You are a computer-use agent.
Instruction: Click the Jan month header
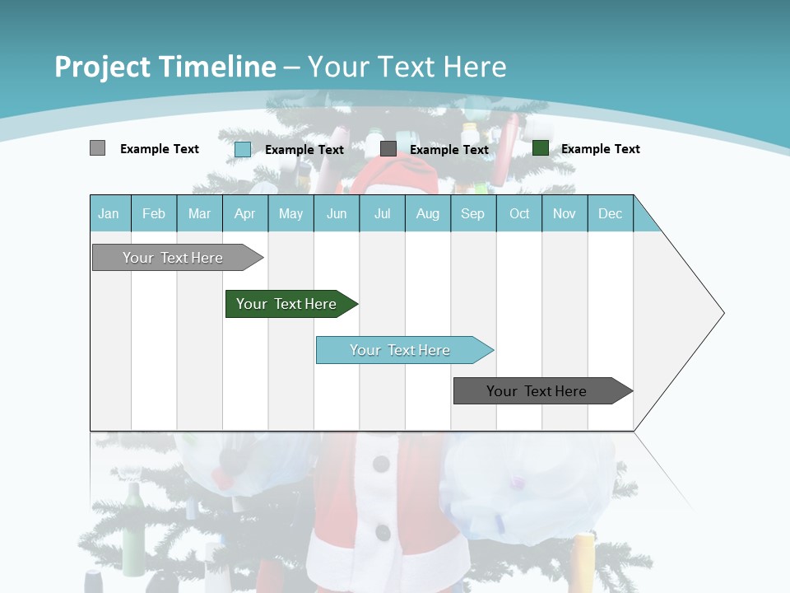[109, 213]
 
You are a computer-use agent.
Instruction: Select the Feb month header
[154, 213]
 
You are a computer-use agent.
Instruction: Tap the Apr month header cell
[245, 213]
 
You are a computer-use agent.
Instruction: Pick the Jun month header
[337, 213]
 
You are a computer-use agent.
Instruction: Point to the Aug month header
[428, 213]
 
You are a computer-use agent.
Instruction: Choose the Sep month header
[473, 213]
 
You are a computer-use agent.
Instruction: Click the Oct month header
[519, 213]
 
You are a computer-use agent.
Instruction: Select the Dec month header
[611, 213]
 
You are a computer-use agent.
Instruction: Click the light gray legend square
[97, 148]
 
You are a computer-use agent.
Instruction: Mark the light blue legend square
[243, 149]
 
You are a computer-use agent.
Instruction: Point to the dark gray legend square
[388, 148]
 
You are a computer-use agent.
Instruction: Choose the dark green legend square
[541, 148]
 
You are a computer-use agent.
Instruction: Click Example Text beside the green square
[600, 149]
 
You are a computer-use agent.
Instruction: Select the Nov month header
[565, 213]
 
